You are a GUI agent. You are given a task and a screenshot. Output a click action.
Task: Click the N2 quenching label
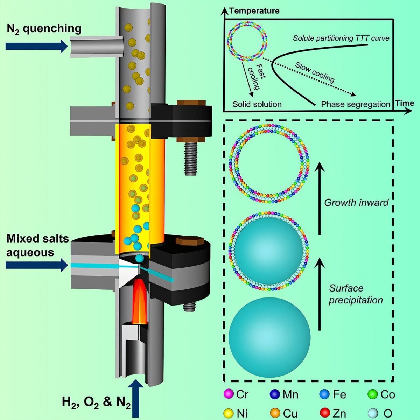pos(44,29)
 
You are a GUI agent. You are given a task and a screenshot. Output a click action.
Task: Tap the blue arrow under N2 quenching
pos(36,45)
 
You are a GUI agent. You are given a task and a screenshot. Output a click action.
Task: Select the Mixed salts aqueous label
pos(37,245)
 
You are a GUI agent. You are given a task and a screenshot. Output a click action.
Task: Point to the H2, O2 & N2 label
pos(96,403)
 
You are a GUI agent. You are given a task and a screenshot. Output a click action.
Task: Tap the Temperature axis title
pos(254,11)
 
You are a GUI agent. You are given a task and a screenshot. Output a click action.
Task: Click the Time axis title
pos(405,103)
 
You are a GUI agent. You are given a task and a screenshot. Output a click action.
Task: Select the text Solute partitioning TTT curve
pos(341,38)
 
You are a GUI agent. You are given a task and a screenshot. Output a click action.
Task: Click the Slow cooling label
pos(315,72)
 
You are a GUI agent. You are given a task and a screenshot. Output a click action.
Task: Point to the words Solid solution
pos(257,104)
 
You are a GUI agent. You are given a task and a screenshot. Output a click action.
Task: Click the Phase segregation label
pos(355,104)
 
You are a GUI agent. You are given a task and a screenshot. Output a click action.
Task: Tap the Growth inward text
pos(356,202)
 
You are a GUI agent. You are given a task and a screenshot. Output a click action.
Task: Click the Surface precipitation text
pos(356,294)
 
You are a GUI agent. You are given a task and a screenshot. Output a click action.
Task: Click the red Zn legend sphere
pos(325,413)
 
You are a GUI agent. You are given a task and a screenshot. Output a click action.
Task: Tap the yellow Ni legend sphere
pos(228,413)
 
